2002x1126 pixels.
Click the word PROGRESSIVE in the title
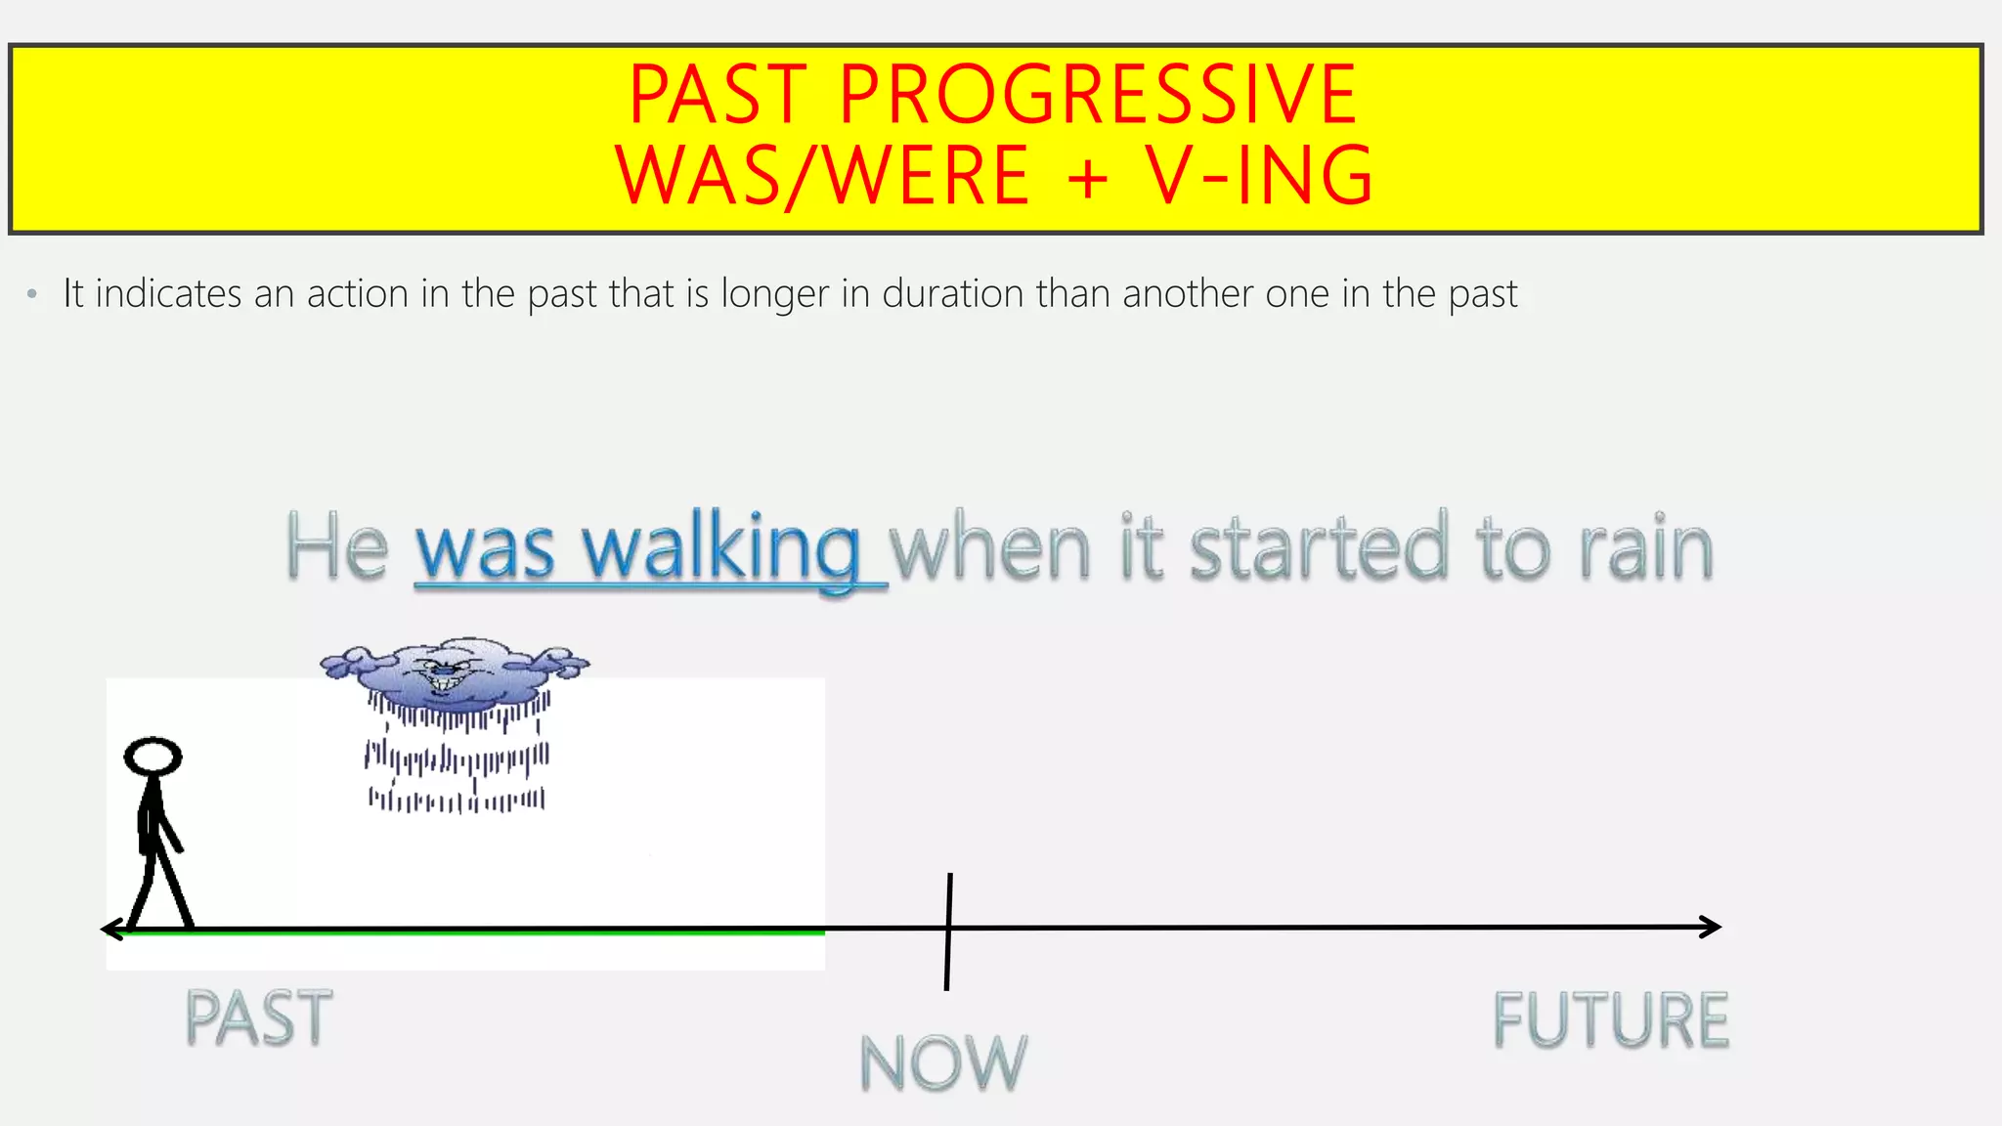click(x=1098, y=94)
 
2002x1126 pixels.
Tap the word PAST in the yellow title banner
click(x=718, y=94)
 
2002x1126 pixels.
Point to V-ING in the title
click(x=1261, y=176)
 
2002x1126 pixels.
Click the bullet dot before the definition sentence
click(x=33, y=293)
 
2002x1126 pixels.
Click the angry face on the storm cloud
click(x=446, y=672)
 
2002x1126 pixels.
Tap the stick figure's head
click(x=152, y=757)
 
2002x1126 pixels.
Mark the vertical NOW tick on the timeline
click(x=948, y=931)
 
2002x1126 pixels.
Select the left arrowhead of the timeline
click(x=111, y=929)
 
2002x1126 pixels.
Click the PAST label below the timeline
click(x=259, y=1018)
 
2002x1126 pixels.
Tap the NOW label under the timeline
click(x=943, y=1062)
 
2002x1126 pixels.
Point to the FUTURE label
click(x=1611, y=1020)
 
